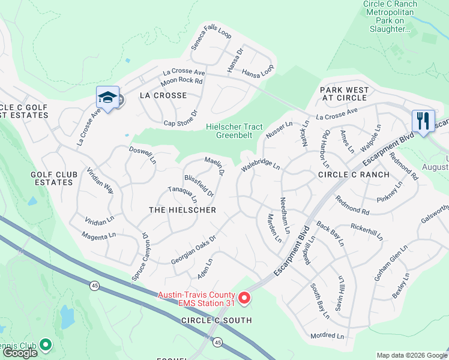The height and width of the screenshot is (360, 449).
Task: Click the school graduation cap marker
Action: tap(107, 97)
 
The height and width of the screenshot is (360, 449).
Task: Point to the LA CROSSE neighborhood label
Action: tap(163, 95)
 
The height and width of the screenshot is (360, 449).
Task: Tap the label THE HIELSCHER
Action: tap(182, 210)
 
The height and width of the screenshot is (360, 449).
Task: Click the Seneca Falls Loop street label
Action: tap(211, 38)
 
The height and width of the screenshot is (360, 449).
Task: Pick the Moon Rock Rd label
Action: tap(181, 81)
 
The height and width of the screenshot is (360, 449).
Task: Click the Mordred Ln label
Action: tap(327, 335)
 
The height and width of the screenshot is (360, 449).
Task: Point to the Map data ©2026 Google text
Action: tap(411, 355)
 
